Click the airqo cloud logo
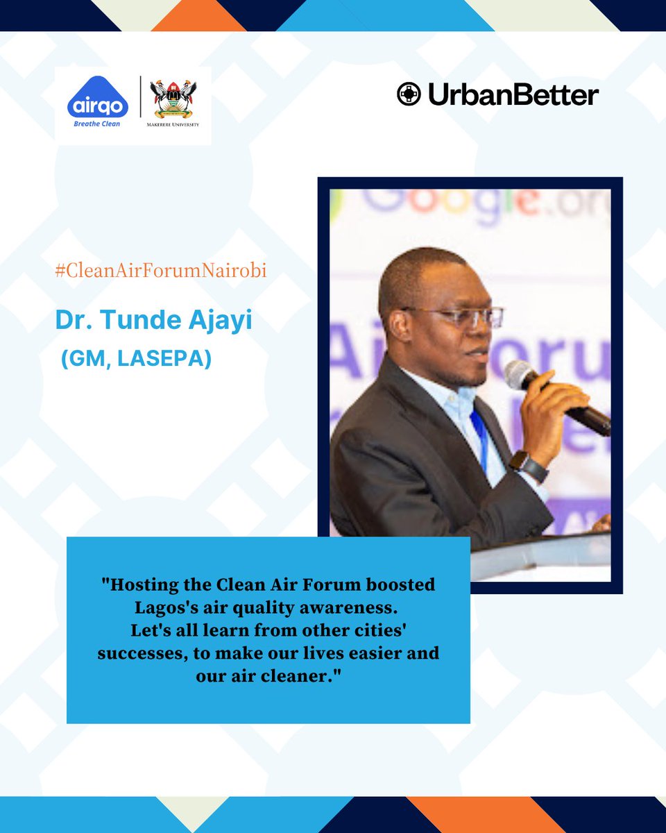coord(98,101)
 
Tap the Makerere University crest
coord(173,97)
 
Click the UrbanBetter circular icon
coord(409,94)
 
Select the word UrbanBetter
coord(513,95)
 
